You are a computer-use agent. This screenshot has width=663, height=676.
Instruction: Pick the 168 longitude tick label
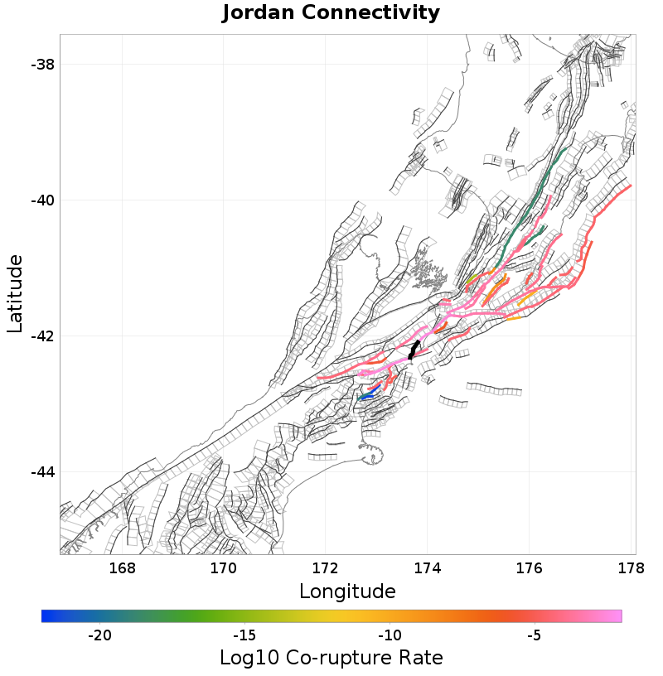pyautogui.click(x=122, y=568)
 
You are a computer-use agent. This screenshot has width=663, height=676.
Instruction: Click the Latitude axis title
pyautogui.click(x=15, y=294)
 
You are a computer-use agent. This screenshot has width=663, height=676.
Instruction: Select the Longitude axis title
pyautogui.click(x=347, y=591)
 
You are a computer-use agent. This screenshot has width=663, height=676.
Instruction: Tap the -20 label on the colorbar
pyautogui.click(x=99, y=635)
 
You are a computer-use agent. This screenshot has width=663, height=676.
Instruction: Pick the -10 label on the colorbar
pyautogui.click(x=390, y=635)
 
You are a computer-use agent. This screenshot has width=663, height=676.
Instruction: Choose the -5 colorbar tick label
pyautogui.click(x=535, y=635)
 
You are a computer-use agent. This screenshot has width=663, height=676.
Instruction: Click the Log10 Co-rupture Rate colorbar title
pyautogui.click(x=331, y=658)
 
